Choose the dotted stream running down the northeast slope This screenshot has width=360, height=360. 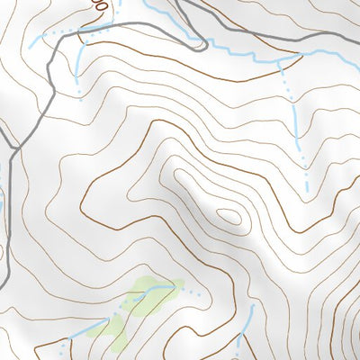[x=297, y=117]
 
